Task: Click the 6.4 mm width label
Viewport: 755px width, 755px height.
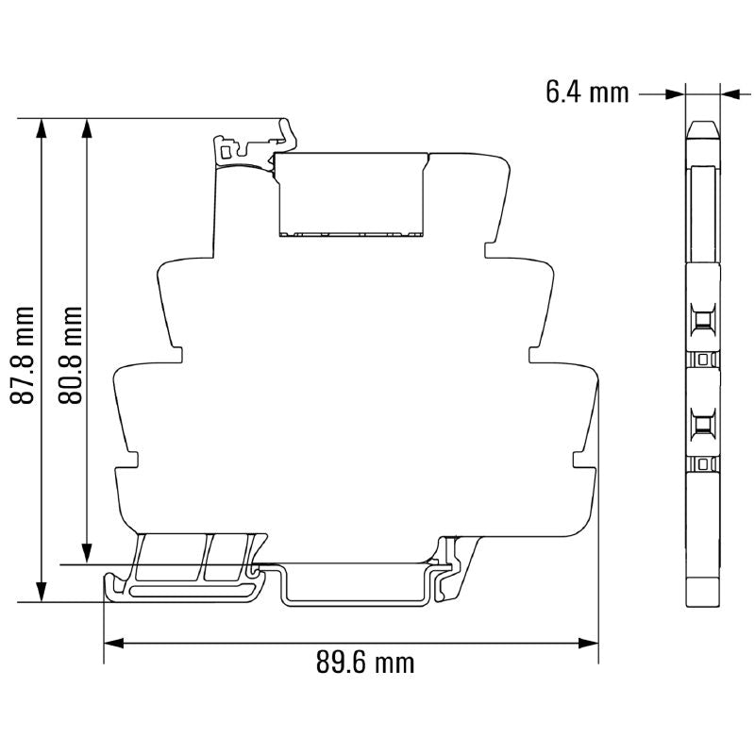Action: [x=586, y=92]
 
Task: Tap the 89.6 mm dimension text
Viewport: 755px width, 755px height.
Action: [x=364, y=663]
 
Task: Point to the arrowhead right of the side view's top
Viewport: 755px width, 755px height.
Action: [x=730, y=93]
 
